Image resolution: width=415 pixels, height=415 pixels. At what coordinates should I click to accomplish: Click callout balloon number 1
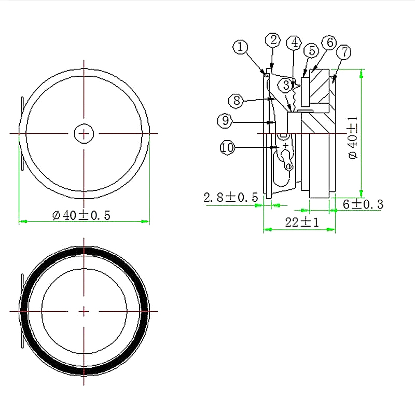[240, 47]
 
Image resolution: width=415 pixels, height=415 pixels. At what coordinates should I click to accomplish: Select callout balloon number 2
[273, 40]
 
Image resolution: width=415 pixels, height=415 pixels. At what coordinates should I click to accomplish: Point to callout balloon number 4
[295, 42]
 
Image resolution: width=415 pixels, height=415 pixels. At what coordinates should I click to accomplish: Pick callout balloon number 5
[311, 50]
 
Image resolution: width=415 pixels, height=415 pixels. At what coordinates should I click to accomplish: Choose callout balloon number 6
[329, 43]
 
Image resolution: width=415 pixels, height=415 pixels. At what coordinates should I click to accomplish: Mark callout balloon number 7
[344, 52]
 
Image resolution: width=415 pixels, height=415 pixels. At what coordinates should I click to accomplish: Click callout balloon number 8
[237, 100]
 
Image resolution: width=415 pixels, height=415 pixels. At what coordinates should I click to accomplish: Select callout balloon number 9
[224, 121]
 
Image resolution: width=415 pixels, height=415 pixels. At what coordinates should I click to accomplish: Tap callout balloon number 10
[227, 148]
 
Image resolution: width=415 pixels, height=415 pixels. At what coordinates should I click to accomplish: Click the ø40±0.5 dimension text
[81, 215]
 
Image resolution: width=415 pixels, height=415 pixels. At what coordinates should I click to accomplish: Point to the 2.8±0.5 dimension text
[230, 197]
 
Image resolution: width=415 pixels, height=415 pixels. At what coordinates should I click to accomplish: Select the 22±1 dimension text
[302, 223]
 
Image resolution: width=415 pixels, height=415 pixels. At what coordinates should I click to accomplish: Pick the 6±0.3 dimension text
[363, 204]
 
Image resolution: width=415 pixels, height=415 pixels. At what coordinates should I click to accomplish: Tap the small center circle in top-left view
[84, 133]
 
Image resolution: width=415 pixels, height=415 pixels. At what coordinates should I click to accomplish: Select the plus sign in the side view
[285, 146]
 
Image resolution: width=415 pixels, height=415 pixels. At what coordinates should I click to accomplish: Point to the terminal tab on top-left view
[22, 133]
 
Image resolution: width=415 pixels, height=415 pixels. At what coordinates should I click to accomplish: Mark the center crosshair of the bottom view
[84, 311]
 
